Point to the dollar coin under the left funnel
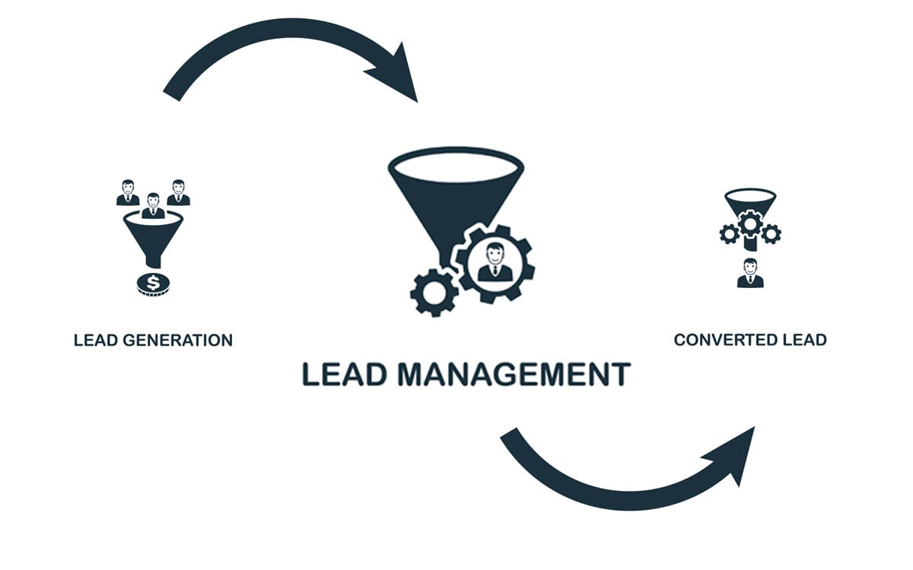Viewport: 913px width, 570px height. pos(153,284)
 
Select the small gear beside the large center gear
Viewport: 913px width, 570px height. pos(434,292)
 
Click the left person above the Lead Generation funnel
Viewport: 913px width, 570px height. pos(128,193)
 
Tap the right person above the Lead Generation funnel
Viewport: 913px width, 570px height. pos(178,193)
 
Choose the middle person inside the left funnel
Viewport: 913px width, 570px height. pos(153,206)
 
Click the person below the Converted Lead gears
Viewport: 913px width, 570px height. pos(750,273)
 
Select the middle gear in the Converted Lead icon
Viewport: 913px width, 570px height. pos(750,223)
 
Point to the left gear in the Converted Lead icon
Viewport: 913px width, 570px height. pos(729,234)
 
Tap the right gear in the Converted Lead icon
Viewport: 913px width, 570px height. pos(771,234)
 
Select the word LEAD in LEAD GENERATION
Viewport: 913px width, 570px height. pos(92,340)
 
